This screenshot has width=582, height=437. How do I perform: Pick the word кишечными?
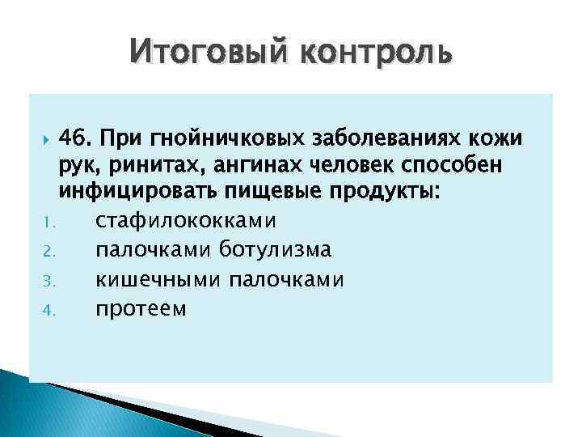tap(158, 280)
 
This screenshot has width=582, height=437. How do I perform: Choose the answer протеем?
tap(140, 308)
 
